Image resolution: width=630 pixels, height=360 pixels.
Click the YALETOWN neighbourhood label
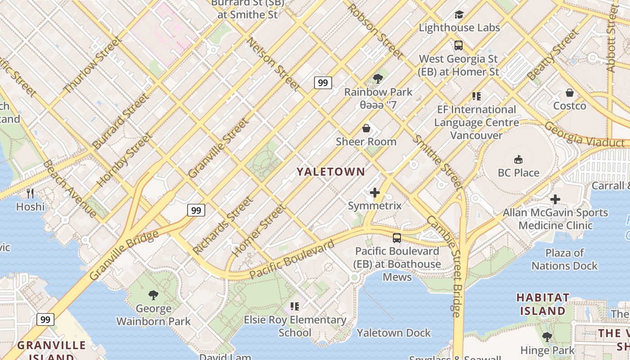point(330,171)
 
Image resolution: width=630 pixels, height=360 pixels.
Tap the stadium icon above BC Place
point(518,159)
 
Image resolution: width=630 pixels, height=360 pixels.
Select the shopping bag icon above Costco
point(570,93)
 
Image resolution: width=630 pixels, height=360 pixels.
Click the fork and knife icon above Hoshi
point(30,193)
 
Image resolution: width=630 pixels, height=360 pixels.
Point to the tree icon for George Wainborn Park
point(153,295)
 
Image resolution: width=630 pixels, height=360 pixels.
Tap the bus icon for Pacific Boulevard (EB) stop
point(396,238)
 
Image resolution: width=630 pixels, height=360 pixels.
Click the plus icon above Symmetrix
point(374,193)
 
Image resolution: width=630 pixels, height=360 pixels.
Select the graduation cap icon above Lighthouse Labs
point(459,15)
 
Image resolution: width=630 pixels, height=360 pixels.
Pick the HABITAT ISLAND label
point(543,304)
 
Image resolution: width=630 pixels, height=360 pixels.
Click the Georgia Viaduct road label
point(585,135)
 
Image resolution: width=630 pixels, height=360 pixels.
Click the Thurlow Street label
point(93,66)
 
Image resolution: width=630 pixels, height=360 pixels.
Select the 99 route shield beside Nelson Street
point(323,83)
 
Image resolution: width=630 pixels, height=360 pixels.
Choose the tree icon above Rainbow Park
point(378,79)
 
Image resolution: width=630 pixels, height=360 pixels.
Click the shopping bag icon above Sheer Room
point(366,129)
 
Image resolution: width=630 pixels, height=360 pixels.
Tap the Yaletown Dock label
point(394,333)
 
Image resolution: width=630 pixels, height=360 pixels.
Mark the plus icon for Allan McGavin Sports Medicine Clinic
point(555,199)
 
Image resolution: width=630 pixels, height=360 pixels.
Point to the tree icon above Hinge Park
point(547,337)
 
